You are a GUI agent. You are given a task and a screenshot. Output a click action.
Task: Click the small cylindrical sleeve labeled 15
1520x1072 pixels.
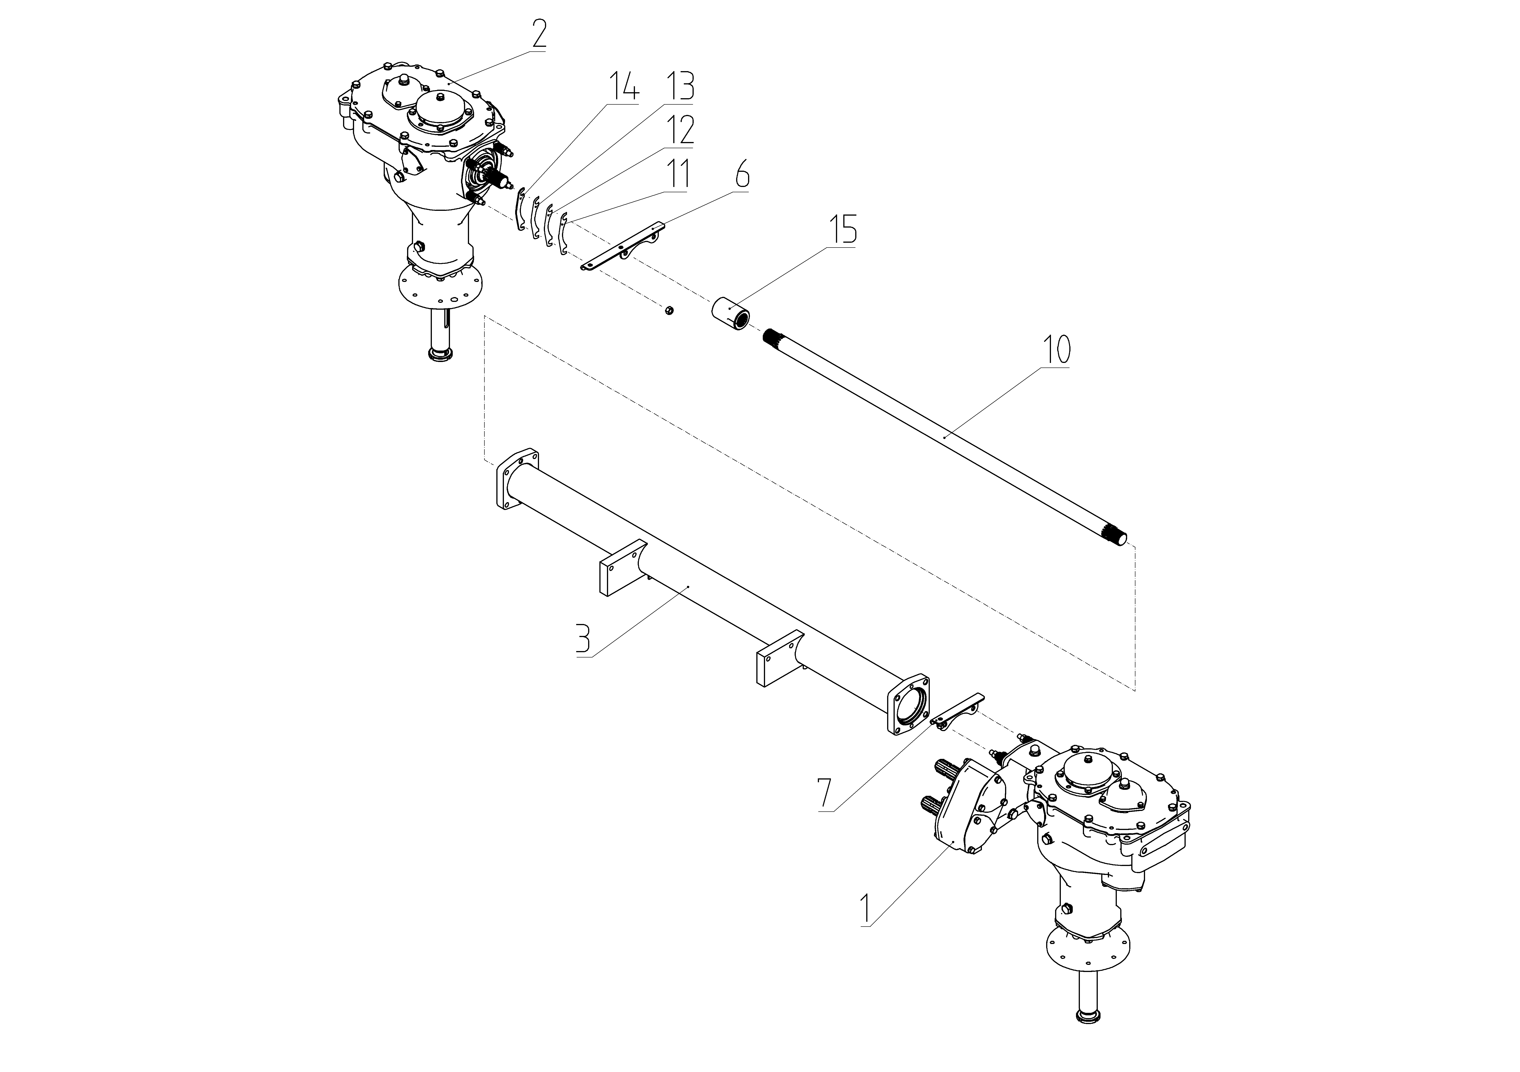pyautogui.click(x=731, y=312)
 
